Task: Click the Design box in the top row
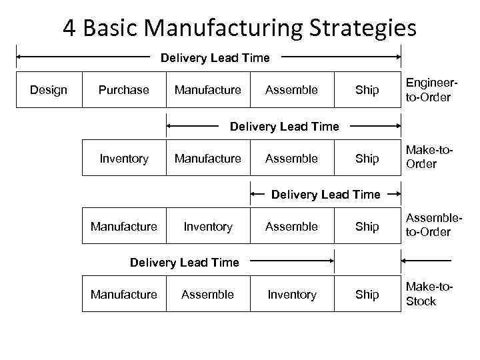(49, 90)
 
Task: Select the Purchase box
(123, 90)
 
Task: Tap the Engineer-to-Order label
(429, 90)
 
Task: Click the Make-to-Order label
(429, 158)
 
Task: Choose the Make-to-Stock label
(429, 294)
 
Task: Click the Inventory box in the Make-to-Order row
(123, 158)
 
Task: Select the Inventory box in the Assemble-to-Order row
(207, 227)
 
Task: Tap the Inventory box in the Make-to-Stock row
(291, 295)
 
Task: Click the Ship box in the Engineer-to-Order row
(367, 90)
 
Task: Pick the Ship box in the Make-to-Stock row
(367, 295)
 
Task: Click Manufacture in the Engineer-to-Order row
(207, 90)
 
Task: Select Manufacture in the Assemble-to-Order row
(123, 227)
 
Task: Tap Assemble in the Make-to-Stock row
(207, 295)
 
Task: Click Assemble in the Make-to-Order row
(291, 158)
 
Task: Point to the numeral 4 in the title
(69, 28)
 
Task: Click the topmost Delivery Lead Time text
(215, 58)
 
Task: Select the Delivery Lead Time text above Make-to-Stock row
(184, 262)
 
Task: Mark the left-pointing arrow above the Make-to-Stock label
(427, 261)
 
